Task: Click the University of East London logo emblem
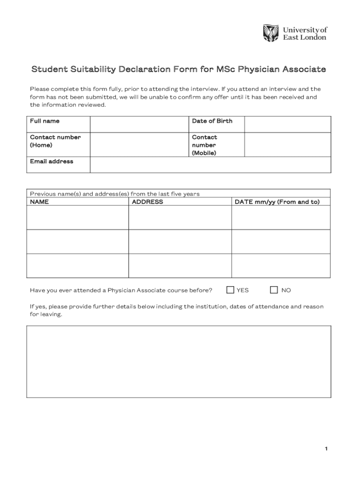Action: (x=271, y=33)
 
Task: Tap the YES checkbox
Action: (x=230, y=290)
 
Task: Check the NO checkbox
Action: (x=274, y=290)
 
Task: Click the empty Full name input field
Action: (x=139, y=124)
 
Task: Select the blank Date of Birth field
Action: (x=288, y=124)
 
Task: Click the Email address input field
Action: (x=210, y=165)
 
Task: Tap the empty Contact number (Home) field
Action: (x=139, y=145)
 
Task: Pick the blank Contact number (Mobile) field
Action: (x=288, y=145)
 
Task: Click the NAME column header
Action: (x=39, y=202)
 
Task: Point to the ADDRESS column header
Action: (x=147, y=202)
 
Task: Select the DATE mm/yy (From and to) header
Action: (x=277, y=202)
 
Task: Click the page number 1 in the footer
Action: (x=326, y=449)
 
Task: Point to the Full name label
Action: (x=45, y=121)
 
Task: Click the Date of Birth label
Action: (x=212, y=121)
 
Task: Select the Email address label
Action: (x=51, y=161)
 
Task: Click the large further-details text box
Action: (x=179, y=362)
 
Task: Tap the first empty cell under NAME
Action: (x=78, y=218)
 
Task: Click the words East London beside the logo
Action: (x=305, y=37)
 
